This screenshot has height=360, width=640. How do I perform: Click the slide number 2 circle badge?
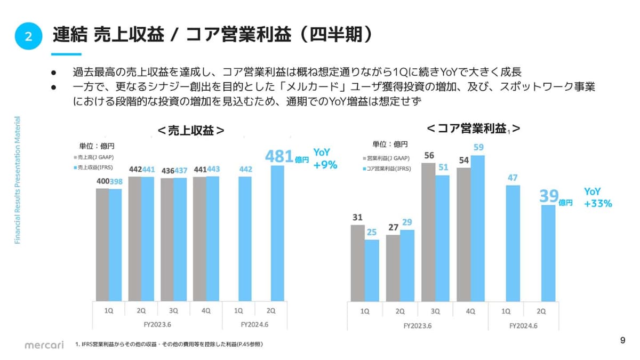pos(28,36)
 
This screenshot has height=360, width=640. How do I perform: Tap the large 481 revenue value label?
pos(279,156)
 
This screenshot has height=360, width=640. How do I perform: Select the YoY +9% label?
pos(325,159)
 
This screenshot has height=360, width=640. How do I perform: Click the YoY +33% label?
pos(597,197)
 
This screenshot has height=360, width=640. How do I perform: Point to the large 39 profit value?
pos(548,196)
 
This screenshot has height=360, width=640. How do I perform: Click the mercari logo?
pos(44,345)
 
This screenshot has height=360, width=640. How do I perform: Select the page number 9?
pos(623,340)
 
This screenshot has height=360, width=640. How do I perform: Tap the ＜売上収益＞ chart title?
pos(190,131)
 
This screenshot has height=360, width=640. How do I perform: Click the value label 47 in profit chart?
pos(513,178)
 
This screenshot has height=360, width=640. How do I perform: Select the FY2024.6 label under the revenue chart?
pos(254,324)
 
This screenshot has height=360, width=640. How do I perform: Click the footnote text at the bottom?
pos(169,345)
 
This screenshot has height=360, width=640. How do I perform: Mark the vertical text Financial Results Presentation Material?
pos(17,180)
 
